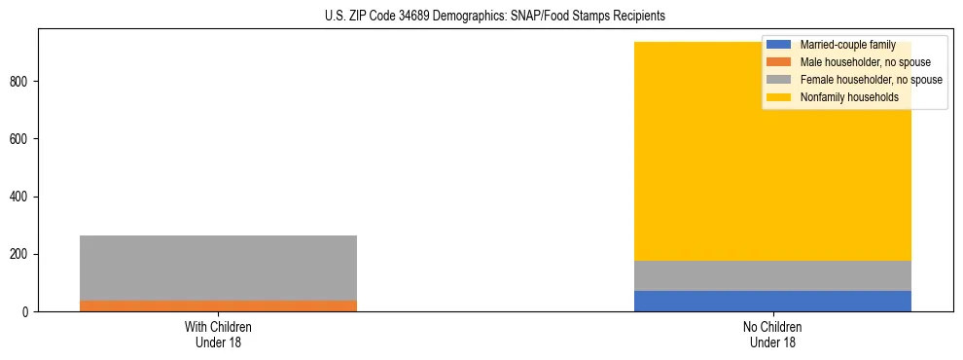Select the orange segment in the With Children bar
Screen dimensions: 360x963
218,306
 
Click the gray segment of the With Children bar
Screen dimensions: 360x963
218,268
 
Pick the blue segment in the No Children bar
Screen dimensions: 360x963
772,301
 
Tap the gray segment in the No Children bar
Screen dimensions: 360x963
772,275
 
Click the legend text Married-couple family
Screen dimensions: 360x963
847,45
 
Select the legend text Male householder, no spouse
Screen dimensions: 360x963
865,62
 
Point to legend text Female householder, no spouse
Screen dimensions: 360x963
871,80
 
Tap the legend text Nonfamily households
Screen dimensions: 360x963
848,97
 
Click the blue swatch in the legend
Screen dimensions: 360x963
779,45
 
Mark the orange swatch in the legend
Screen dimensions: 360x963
779,62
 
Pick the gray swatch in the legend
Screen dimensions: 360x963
779,80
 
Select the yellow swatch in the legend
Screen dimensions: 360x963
779,97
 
